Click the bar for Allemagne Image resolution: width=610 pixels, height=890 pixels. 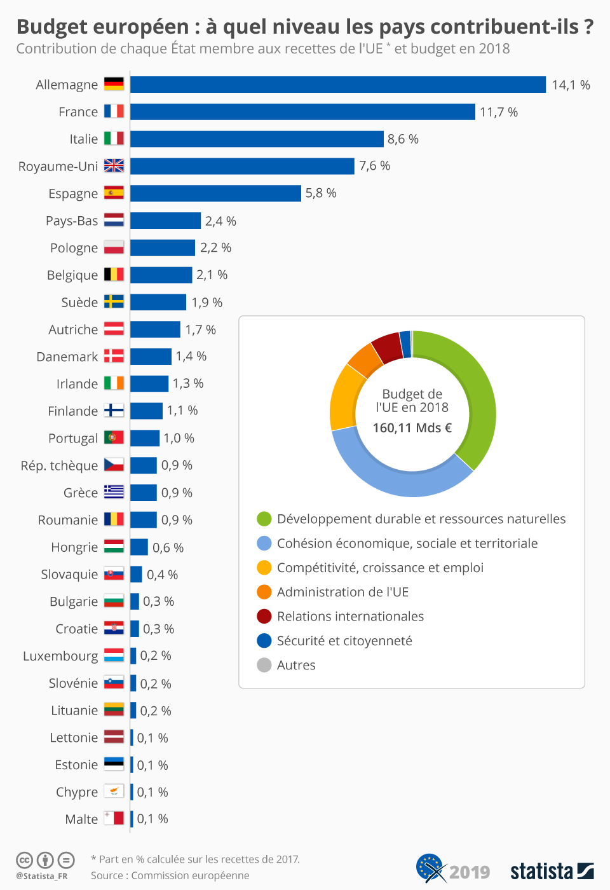click(337, 85)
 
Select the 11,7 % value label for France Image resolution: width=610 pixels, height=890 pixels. click(498, 113)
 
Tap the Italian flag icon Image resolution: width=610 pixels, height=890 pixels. click(114, 139)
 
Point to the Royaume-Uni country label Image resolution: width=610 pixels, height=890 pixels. click(58, 167)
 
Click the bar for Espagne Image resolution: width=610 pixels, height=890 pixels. click(215, 193)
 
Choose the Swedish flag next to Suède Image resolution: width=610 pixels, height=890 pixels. click(114, 302)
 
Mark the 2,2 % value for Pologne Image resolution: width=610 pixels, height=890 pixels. click(215, 248)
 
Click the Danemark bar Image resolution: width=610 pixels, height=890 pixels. click(151, 357)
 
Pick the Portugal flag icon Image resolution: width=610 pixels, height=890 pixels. click(114, 438)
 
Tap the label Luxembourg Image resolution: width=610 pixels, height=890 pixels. click(60, 656)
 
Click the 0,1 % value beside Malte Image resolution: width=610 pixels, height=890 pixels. click(152, 819)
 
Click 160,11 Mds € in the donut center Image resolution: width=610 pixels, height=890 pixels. click(412, 428)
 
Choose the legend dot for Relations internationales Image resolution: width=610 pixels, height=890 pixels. click(264, 617)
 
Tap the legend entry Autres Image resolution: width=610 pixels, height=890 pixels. click(295, 666)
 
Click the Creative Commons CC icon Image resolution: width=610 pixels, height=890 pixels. click(24, 860)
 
